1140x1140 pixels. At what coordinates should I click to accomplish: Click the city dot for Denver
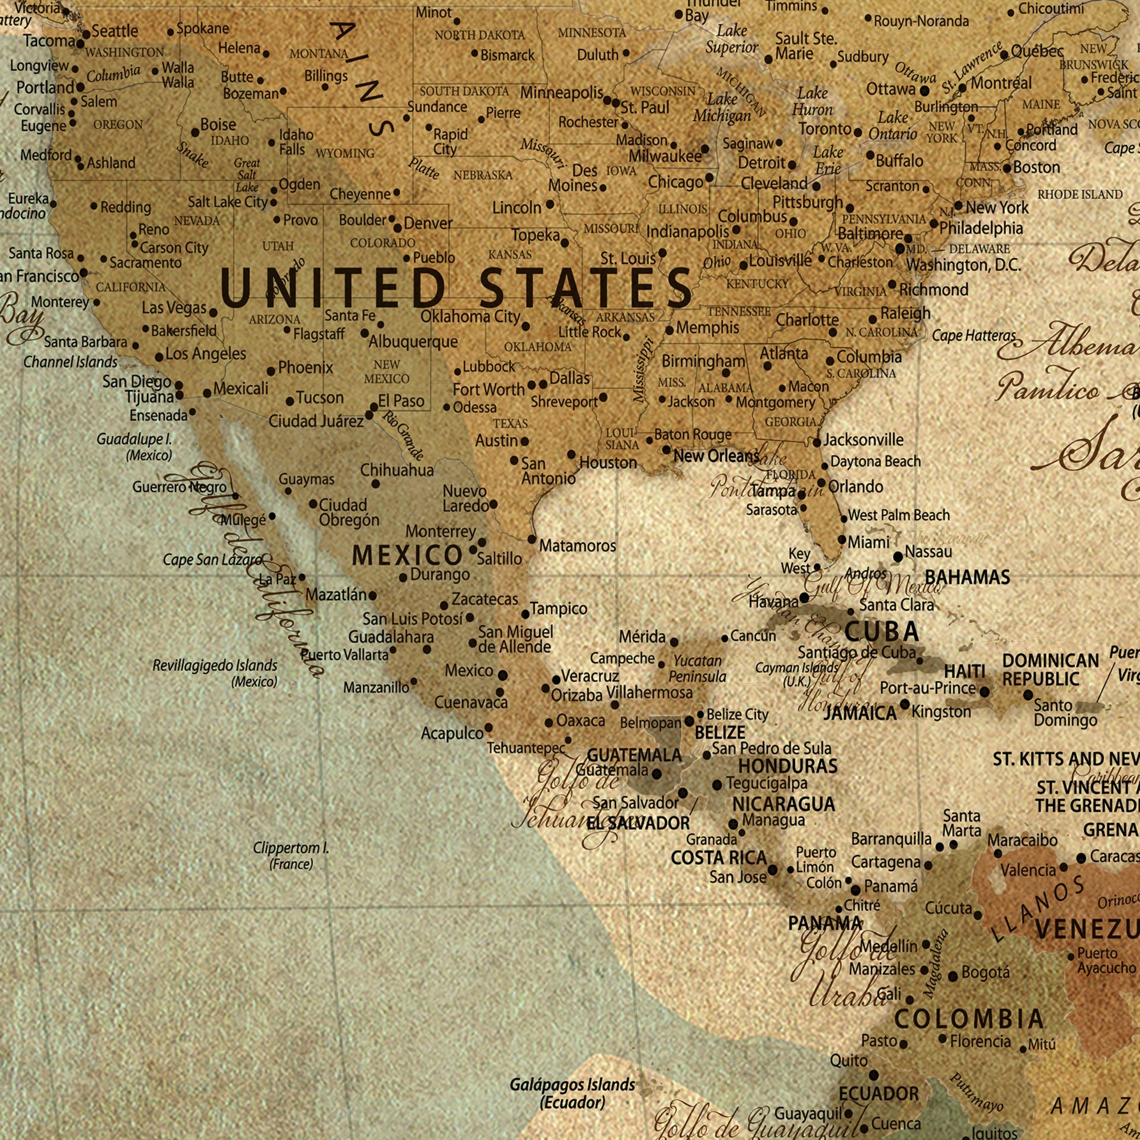pyautogui.click(x=398, y=228)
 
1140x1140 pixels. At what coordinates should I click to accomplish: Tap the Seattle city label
pyautogui.click(x=115, y=31)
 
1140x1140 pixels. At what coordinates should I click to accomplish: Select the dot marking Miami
pyautogui.click(x=842, y=540)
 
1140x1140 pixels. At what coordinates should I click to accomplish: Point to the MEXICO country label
pyautogui.click(x=407, y=555)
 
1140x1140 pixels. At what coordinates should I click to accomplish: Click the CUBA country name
pyautogui.click(x=882, y=632)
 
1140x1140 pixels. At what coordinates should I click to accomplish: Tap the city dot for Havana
pyautogui.click(x=804, y=598)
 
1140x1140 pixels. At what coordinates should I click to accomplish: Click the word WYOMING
pyautogui.click(x=345, y=153)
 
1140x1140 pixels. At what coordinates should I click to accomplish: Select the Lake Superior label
pyautogui.click(x=732, y=39)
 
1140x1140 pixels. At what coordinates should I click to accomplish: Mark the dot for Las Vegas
pyautogui.click(x=213, y=313)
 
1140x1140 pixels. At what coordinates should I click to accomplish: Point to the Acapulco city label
pyautogui.click(x=452, y=734)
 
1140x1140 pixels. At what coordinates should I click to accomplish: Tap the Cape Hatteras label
pyautogui.click(x=974, y=336)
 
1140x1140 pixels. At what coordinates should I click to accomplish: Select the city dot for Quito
pyautogui.click(x=874, y=1076)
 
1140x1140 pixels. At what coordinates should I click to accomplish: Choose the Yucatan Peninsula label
pyautogui.click(x=698, y=669)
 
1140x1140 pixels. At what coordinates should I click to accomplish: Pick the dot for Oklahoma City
pyautogui.click(x=526, y=325)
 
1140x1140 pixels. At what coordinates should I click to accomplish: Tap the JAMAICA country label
pyautogui.click(x=860, y=714)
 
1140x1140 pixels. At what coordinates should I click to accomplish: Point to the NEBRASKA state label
pyautogui.click(x=483, y=175)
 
